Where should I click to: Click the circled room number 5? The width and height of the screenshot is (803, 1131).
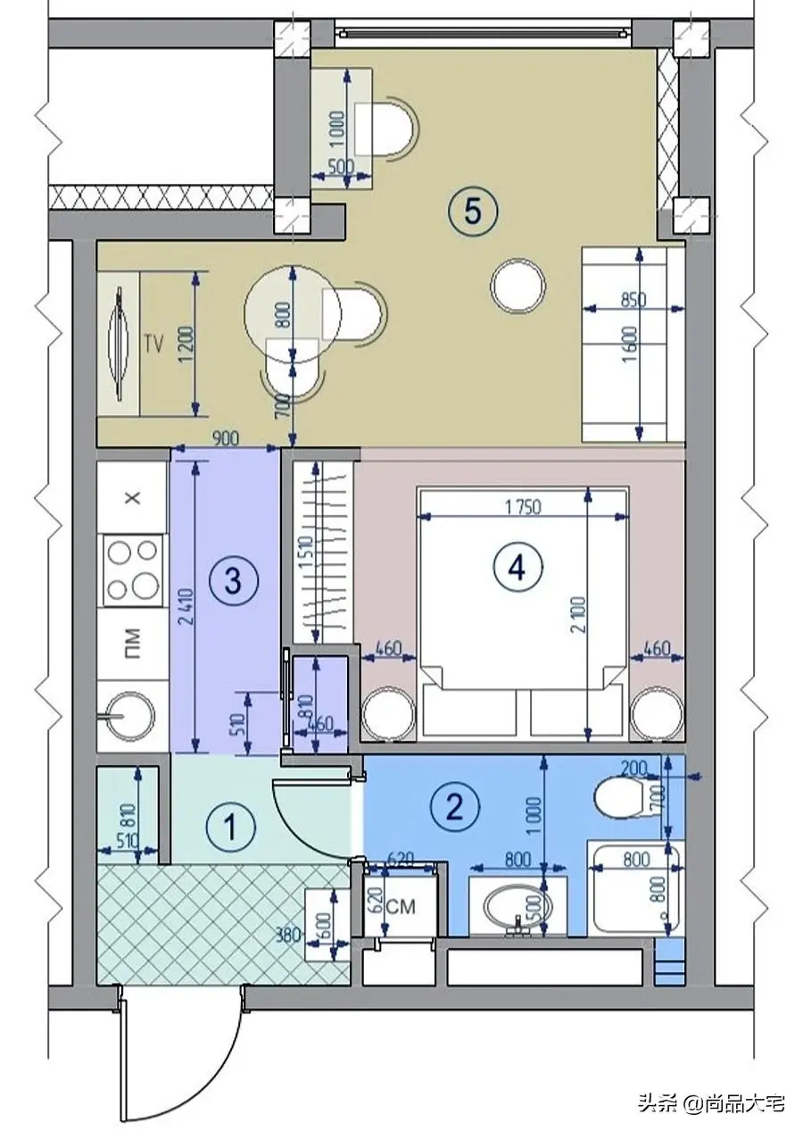point(472,211)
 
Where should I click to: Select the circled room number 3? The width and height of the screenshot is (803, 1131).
point(232,581)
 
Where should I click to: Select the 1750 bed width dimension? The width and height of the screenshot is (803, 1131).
point(522,506)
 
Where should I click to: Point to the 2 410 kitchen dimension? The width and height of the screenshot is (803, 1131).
point(186,612)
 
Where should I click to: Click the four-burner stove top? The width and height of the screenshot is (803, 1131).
point(133,570)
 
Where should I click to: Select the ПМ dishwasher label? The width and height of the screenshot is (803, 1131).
point(132,644)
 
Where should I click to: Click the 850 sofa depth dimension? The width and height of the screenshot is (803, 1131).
point(633,299)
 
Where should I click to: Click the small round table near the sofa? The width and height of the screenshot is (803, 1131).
point(517,286)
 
